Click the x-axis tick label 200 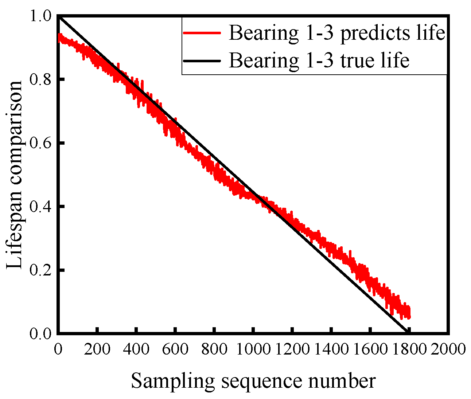97,349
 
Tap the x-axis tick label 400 136,349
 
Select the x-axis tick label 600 175,349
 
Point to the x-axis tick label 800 214,349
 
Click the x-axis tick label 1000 253,349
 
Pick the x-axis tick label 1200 292,349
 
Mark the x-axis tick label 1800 408,349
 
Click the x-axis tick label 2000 448,349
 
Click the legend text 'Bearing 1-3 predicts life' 337,33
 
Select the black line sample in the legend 202,60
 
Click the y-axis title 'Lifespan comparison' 16,175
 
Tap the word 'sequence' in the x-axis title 261,381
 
